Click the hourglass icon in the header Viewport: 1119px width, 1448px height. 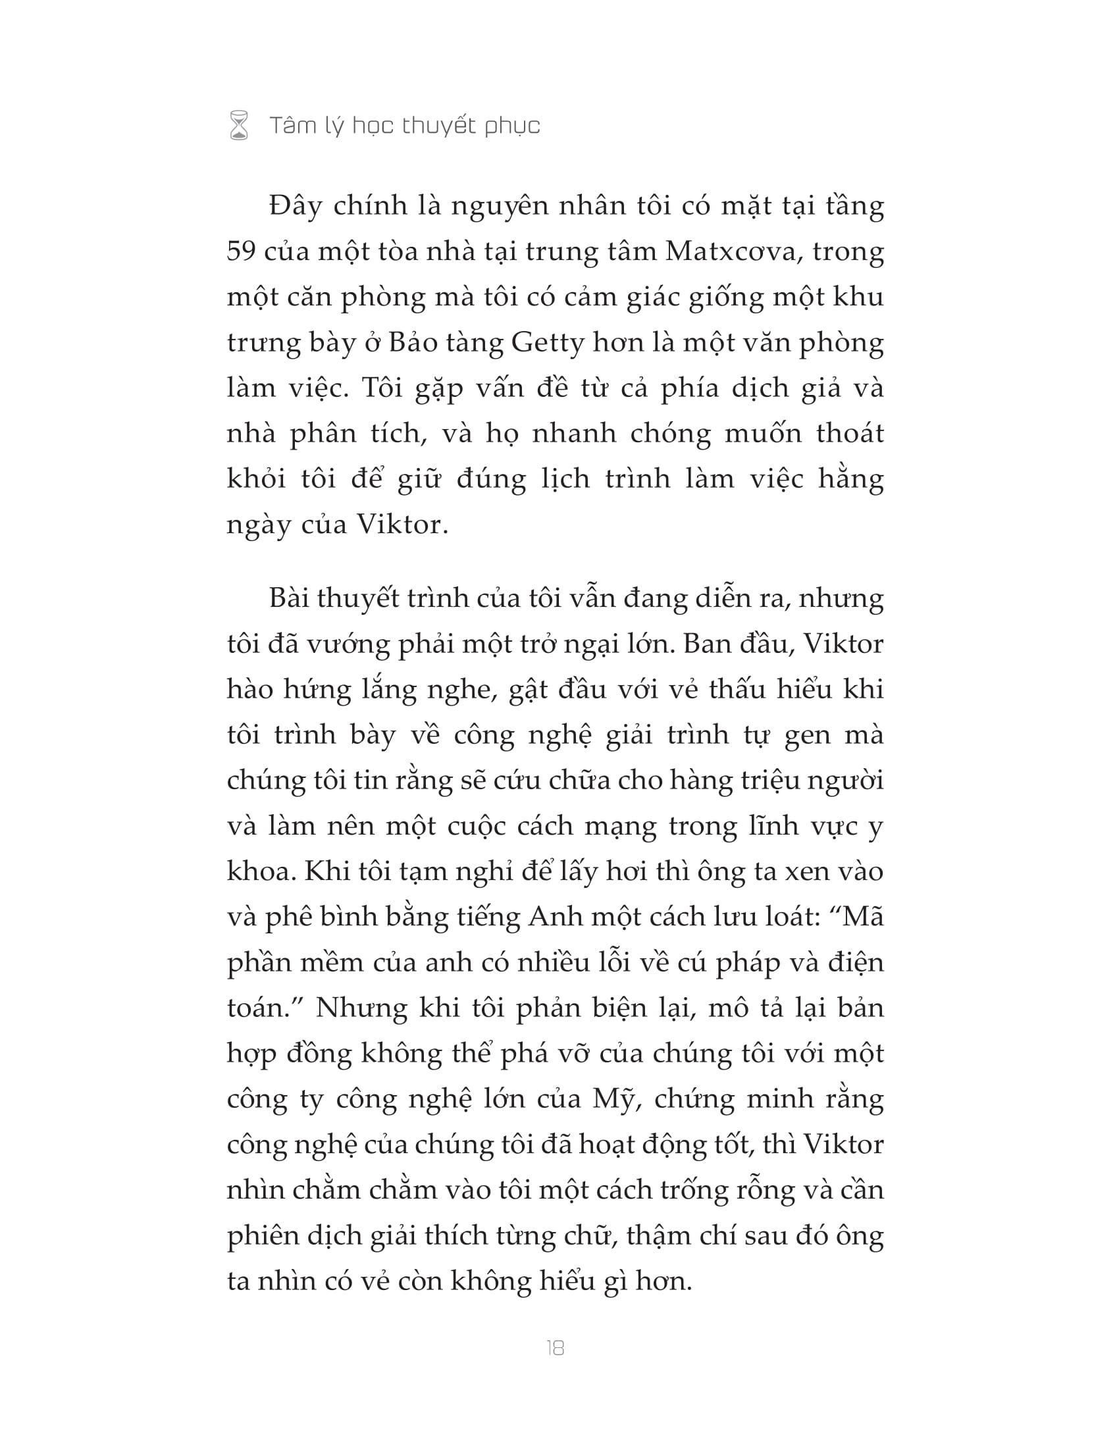tap(239, 125)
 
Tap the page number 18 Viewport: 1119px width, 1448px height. tap(556, 1348)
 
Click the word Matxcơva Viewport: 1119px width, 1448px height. tap(730, 252)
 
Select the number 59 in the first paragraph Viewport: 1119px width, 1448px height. tap(241, 252)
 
